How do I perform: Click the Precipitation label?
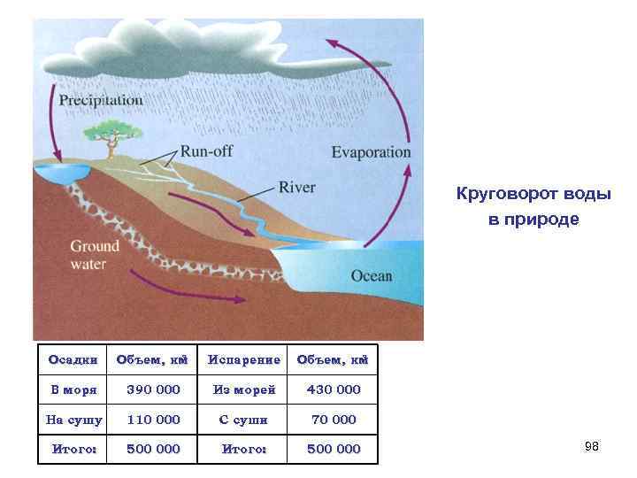[x=101, y=100]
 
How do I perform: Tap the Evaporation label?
[x=372, y=151]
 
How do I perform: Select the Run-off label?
[x=207, y=150]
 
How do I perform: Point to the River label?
[x=296, y=187]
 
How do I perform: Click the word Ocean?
[x=372, y=275]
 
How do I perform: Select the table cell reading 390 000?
[x=153, y=389]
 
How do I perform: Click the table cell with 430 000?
[x=334, y=389]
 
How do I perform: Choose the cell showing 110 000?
[x=153, y=420]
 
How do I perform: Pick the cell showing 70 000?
[x=334, y=420]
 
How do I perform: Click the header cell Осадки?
[x=73, y=359]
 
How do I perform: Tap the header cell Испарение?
[x=243, y=359]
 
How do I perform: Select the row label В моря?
[x=73, y=389]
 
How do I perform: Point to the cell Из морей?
[x=243, y=389]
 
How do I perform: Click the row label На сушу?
[x=73, y=420]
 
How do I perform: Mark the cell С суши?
[x=243, y=420]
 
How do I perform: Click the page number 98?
[x=592, y=447]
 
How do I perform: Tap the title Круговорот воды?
[x=533, y=194]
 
